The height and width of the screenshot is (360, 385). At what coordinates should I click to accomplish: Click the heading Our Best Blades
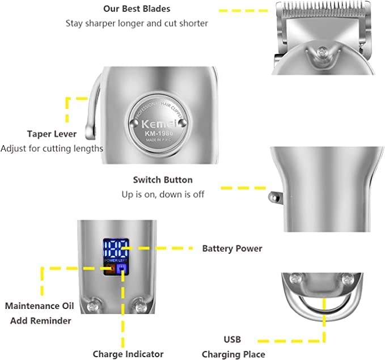[137, 9]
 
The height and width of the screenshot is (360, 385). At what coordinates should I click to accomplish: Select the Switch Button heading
[163, 180]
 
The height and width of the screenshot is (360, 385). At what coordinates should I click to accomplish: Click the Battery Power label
[232, 248]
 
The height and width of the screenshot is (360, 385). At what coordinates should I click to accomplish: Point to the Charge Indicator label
[128, 354]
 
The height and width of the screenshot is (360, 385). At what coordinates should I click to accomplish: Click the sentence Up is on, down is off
[163, 194]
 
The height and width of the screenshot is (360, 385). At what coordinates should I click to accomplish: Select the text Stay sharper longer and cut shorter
[137, 23]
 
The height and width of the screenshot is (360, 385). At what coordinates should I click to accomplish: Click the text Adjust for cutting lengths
[52, 149]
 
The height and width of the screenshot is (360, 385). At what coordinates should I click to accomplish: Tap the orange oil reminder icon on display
[108, 268]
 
